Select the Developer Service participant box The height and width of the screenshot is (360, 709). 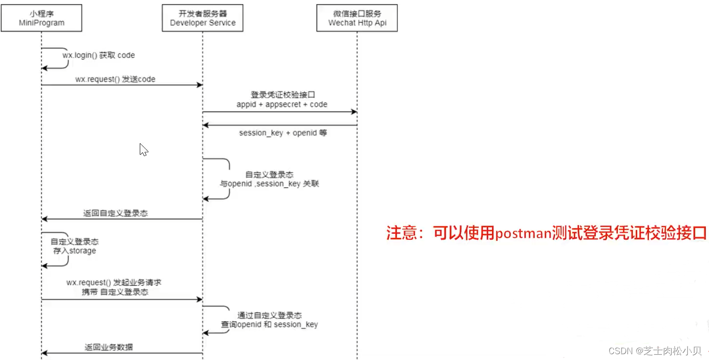tap(202, 18)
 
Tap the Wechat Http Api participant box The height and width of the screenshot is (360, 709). tap(357, 18)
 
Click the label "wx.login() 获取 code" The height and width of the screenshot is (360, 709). tap(99, 55)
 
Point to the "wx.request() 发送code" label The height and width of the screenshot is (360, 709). tap(115, 79)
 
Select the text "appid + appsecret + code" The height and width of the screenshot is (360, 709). tap(281, 104)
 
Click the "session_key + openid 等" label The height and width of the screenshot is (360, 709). tap(282, 132)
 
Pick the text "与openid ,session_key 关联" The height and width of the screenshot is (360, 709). tap(269, 184)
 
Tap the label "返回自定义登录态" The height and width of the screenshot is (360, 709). tap(115, 213)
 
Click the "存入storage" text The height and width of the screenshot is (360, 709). tap(75, 251)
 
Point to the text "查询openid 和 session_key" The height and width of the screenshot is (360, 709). tap(269, 324)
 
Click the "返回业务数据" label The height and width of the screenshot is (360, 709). tap(109, 347)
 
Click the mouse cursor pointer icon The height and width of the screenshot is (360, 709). tap(143, 149)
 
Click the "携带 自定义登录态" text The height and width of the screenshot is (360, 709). tap(115, 292)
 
